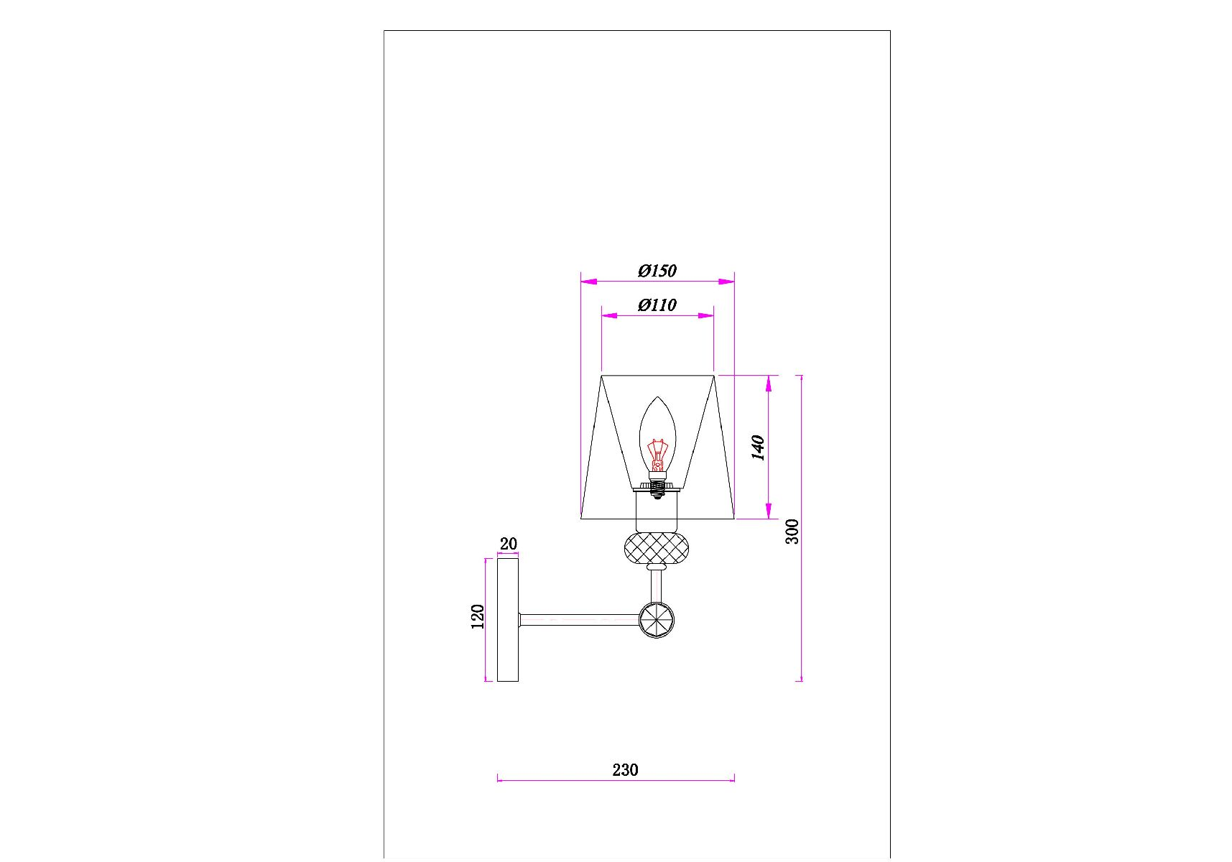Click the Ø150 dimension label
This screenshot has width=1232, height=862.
pyautogui.click(x=657, y=271)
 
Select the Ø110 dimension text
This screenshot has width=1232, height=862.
pyautogui.click(x=657, y=305)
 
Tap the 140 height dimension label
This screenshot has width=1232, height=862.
pyautogui.click(x=758, y=447)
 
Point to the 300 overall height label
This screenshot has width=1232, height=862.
pyautogui.click(x=792, y=531)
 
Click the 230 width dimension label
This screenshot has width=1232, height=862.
pyautogui.click(x=625, y=770)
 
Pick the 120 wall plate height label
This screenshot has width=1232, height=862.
pyautogui.click(x=478, y=616)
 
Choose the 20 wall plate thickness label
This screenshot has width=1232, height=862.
pyautogui.click(x=508, y=544)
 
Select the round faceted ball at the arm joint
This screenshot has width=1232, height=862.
pyautogui.click(x=657, y=620)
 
